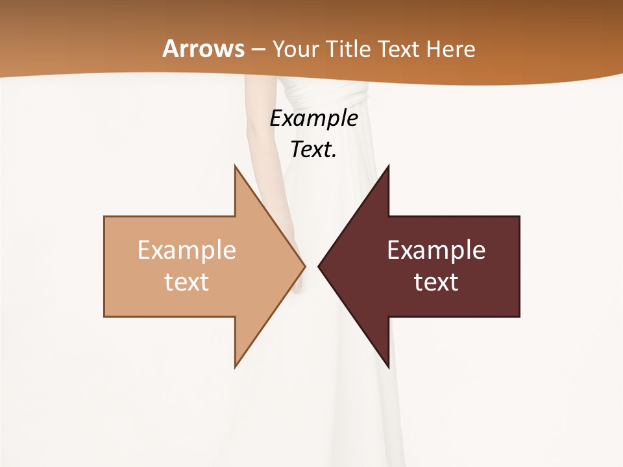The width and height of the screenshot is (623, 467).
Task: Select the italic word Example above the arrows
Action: click(x=314, y=118)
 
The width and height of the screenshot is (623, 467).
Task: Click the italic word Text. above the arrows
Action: click(x=314, y=149)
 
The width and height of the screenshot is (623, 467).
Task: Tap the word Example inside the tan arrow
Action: click(x=187, y=250)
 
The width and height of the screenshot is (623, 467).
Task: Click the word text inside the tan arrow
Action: click(x=187, y=281)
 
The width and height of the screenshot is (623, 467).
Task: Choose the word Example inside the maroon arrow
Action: click(x=436, y=250)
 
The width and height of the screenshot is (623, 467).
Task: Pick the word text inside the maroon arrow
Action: click(x=436, y=281)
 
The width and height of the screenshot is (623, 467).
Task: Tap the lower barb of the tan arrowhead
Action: click(x=236, y=365)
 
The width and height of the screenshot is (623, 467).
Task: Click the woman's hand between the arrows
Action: click(x=299, y=276)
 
